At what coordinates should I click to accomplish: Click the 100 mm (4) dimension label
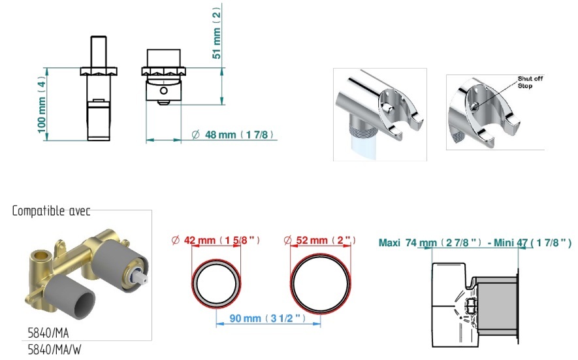point(42,105)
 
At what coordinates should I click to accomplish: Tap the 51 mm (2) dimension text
point(217,33)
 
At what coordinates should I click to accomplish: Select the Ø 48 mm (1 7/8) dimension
point(233,135)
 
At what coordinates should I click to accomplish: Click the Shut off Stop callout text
point(530,82)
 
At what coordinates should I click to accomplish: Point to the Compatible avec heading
point(51,211)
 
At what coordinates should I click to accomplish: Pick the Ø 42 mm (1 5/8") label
point(216,240)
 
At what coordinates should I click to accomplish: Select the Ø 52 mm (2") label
point(319,240)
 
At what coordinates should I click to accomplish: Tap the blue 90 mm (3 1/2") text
point(267,318)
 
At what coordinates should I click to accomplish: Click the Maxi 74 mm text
point(408,242)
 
